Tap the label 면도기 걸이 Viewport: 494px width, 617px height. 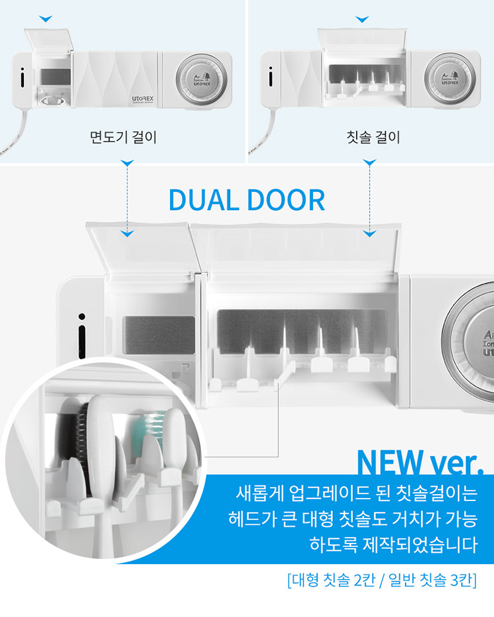[123, 137]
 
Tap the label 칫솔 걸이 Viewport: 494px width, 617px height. [373, 137]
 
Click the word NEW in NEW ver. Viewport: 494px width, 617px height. [389, 462]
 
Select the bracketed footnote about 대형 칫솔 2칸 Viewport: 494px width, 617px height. [382, 580]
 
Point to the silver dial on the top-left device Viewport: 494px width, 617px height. [201, 79]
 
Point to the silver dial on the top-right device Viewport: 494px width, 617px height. [450, 79]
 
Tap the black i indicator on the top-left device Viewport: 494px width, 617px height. [23, 77]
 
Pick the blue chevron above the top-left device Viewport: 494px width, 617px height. [46, 19]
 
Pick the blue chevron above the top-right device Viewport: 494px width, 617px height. [362, 19]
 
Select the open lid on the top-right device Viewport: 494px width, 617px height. [362, 39]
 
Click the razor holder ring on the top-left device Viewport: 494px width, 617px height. [53, 100]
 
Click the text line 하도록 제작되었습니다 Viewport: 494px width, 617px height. [394, 545]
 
